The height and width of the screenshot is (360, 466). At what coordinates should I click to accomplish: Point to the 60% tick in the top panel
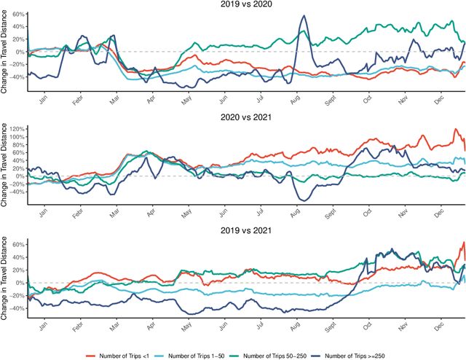pos(17,15)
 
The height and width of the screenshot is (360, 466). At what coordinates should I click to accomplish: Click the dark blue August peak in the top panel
pos(302,15)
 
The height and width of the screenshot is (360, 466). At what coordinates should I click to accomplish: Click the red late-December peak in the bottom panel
pos(463,243)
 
